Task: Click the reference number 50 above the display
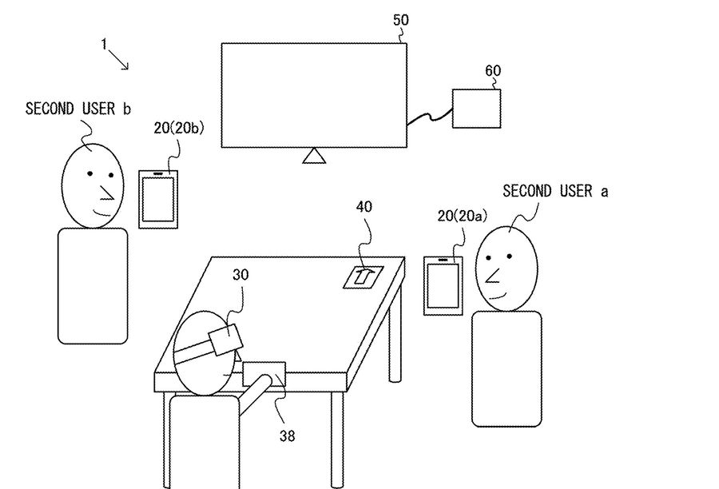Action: tap(401, 20)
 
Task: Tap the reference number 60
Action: tap(493, 70)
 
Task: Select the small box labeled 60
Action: tap(477, 108)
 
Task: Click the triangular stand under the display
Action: tap(315, 156)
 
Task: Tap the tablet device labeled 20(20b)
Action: tap(157, 199)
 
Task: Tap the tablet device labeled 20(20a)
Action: tap(443, 285)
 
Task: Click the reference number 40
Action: tap(364, 206)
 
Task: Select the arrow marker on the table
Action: tap(363, 276)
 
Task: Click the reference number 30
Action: tap(241, 274)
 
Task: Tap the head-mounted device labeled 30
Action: tap(224, 340)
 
